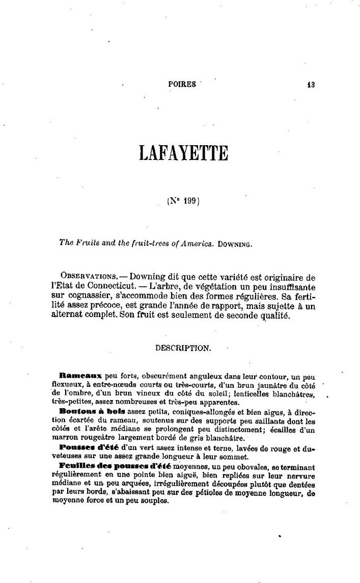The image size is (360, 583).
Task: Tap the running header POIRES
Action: tap(182, 85)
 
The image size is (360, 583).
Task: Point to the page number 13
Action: tap(311, 85)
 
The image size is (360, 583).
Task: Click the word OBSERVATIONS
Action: tap(84, 278)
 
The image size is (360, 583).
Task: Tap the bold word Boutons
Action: tap(74, 410)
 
